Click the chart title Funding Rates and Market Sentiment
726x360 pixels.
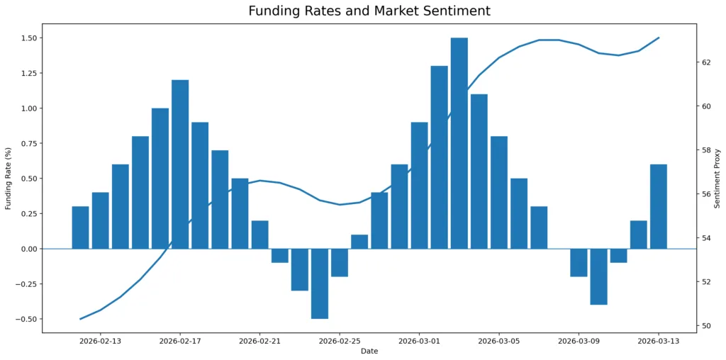(x=369, y=11)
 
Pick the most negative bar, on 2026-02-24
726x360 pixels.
(x=320, y=283)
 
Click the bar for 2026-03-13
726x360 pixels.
(x=659, y=206)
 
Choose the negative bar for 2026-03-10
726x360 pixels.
(x=599, y=276)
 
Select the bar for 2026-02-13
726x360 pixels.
(x=101, y=220)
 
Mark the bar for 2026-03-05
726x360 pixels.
(x=499, y=192)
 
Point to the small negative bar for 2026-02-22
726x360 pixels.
(x=280, y=256)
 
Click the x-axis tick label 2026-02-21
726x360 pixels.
(x=259, y=341)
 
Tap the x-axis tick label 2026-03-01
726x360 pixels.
(x=419, y=341)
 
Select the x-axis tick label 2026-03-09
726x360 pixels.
(x=579, y=341)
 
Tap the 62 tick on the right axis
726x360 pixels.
(x=706, y=62)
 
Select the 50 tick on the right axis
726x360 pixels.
(x=706, y=326)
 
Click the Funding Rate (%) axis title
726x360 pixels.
(x=9, y=179)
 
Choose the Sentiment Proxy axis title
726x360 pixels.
(x=717, y=179)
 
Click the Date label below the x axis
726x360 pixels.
(x=369, y=351)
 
